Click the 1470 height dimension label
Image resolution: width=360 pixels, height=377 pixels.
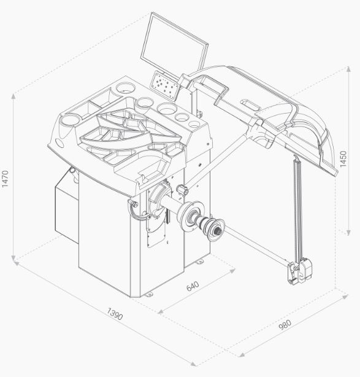pos(5,179)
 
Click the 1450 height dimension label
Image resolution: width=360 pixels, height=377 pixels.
pos(343,159)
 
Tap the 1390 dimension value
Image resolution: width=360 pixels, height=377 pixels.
pos(115,314)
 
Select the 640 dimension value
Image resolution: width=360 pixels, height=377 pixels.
pos(193,286)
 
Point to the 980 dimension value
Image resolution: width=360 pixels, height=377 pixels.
pos(285,325)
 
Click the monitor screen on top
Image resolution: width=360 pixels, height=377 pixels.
pos(174,43)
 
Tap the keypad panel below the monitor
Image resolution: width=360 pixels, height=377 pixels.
pos(166,85)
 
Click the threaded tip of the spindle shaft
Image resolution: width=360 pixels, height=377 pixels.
pos(219,231)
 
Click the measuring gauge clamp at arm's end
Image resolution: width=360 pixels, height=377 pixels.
pos(299,271)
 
